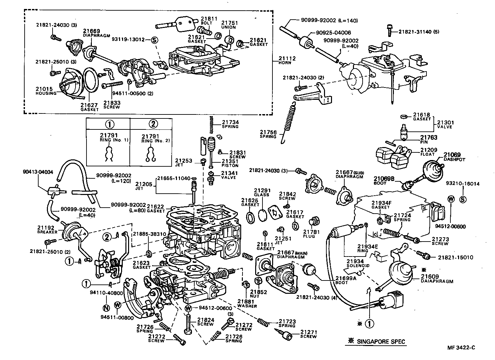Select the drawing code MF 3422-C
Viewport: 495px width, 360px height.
point(461,348)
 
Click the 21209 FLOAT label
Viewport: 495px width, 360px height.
point(428,152)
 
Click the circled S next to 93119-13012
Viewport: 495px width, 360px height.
point(154,40)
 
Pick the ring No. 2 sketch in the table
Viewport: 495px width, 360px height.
point(151,154)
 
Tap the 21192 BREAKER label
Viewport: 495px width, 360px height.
point(47,230)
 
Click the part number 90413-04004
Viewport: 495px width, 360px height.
point(38,172)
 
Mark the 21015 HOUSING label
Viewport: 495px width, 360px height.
point(46,91)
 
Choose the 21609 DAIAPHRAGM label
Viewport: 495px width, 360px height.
point(437,278)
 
